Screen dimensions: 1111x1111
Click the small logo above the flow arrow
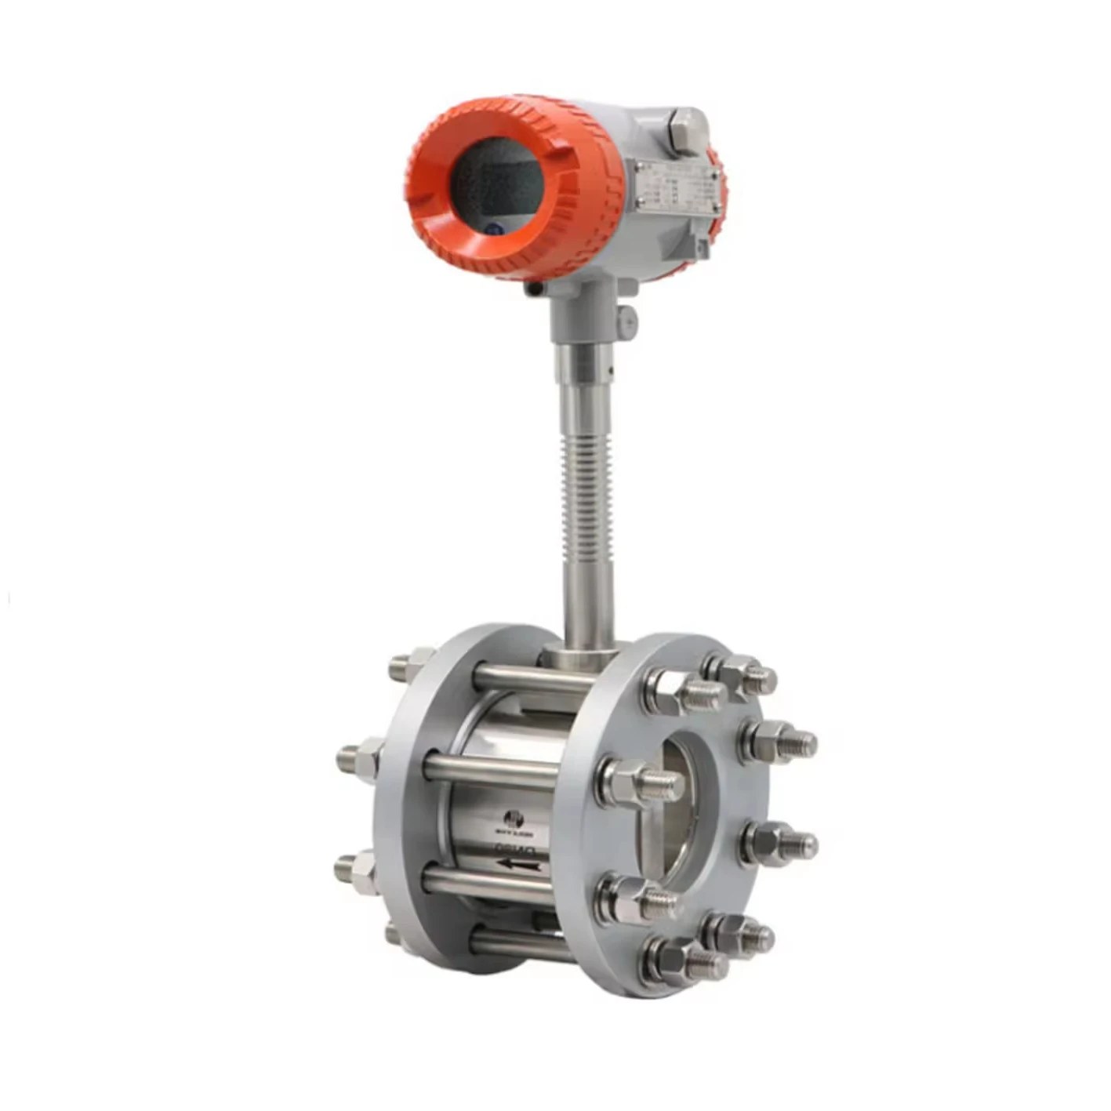514,817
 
